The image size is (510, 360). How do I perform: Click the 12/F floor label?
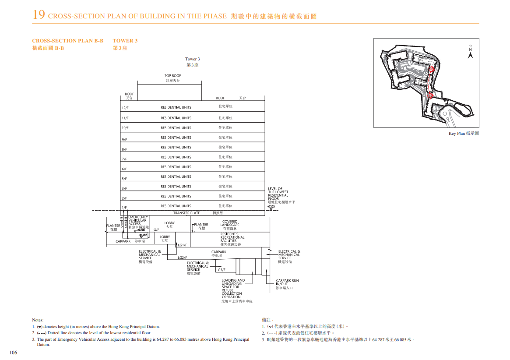click(125, 108)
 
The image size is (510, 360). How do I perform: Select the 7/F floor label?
click(124, 159)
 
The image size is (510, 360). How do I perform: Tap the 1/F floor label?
click(124, 208)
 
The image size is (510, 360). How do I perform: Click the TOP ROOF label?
click(172, 76)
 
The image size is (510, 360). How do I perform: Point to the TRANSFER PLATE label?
click(186, 213)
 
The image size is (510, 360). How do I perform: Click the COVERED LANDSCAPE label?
click(230, 223)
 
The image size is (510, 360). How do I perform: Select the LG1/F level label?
click(182, 245)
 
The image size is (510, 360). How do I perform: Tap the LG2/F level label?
click(182, 258)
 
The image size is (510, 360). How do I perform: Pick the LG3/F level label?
click(221, 270)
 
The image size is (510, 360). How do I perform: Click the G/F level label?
click(156, 230)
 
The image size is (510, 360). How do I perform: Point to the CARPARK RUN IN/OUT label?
click(287, 282)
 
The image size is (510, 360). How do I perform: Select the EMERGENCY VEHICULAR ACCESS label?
click(138, 221)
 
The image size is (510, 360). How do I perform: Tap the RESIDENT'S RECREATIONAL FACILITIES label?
click(232, 237)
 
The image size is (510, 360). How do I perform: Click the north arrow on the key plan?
click(470, 55)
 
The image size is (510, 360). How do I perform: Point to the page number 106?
click(13, 353)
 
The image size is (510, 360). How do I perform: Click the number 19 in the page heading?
click(39, 15)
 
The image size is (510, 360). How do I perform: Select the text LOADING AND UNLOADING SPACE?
click(233, 284)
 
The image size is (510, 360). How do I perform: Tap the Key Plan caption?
click(464, 134)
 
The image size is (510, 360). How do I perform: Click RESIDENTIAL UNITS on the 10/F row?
click(176, 128)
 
